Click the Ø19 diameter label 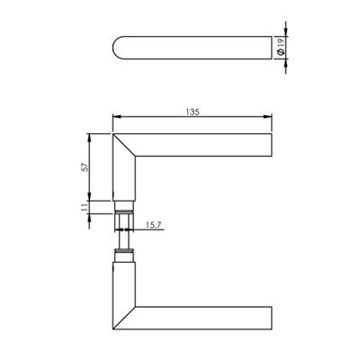281,48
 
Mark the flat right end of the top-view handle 269,48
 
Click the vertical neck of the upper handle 122,175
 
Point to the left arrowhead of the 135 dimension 113,118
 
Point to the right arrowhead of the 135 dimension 269,118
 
